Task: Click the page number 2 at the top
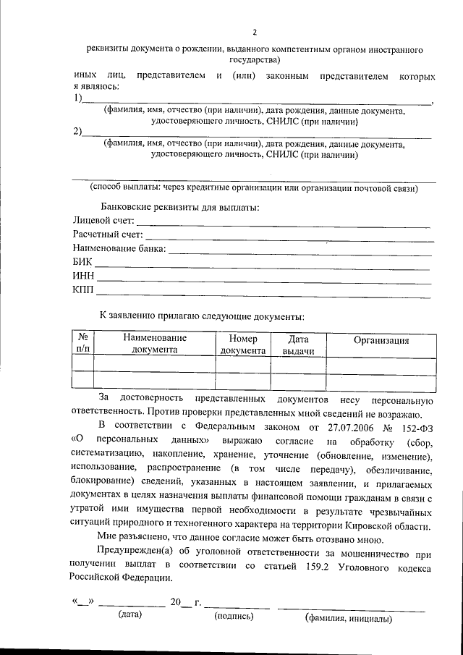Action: (255, 31)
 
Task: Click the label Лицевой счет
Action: (103, 221)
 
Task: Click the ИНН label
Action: (83, 276)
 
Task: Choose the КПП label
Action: (83, 290)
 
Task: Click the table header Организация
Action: (381, 341)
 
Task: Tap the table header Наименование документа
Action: (154, 345)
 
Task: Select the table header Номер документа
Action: (243, 345)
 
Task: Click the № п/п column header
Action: (83, 345)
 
